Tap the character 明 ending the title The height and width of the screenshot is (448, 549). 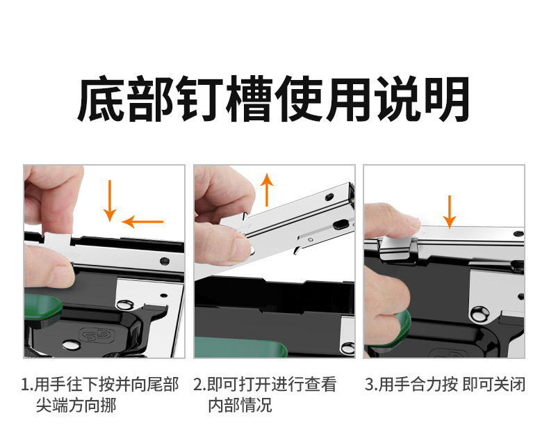[x=447, y=99]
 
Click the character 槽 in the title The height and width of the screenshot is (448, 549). [x=249, y=99]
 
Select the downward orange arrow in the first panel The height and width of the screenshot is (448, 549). [x=110, y=200]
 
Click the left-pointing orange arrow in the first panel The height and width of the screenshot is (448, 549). [x=142, y=221]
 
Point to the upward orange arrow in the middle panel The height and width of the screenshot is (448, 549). [x=267, y=190]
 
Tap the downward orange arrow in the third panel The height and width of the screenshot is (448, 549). [x=449, y=211]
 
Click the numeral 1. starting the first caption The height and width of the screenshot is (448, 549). [x=27, y=385]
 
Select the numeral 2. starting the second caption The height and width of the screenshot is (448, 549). [x=199, y=385]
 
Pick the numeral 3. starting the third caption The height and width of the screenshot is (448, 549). [x=371, y=385]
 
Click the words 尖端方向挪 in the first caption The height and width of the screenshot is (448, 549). [x=76, y=406]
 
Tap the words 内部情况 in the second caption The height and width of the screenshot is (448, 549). [x=240, y=406]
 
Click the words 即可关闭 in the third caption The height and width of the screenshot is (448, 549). [x=493, y=385]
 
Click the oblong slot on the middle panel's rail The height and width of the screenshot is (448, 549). [x=341, y=224]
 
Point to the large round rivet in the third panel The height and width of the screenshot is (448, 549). [x=480, y=314]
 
